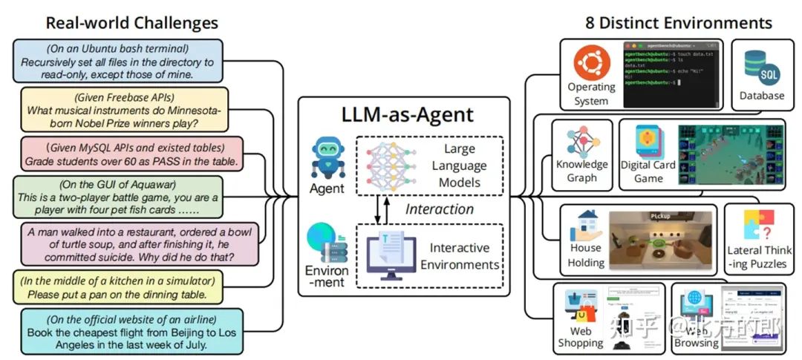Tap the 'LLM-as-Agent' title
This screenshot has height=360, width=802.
coord(404,114)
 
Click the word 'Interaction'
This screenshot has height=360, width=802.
coord(439,209)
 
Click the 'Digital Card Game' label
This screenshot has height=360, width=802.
coord(647,171)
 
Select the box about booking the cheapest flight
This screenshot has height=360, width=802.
coord(131,330)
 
